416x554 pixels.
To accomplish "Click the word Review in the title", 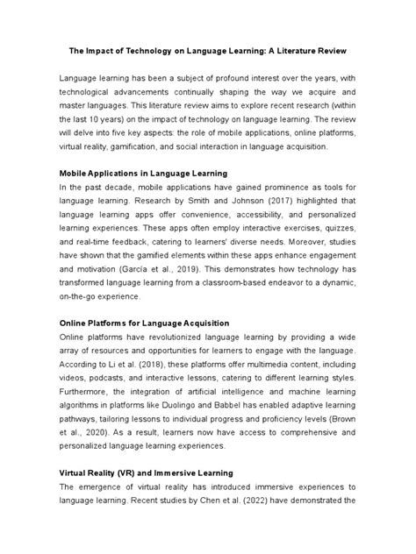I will click(341, 50).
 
